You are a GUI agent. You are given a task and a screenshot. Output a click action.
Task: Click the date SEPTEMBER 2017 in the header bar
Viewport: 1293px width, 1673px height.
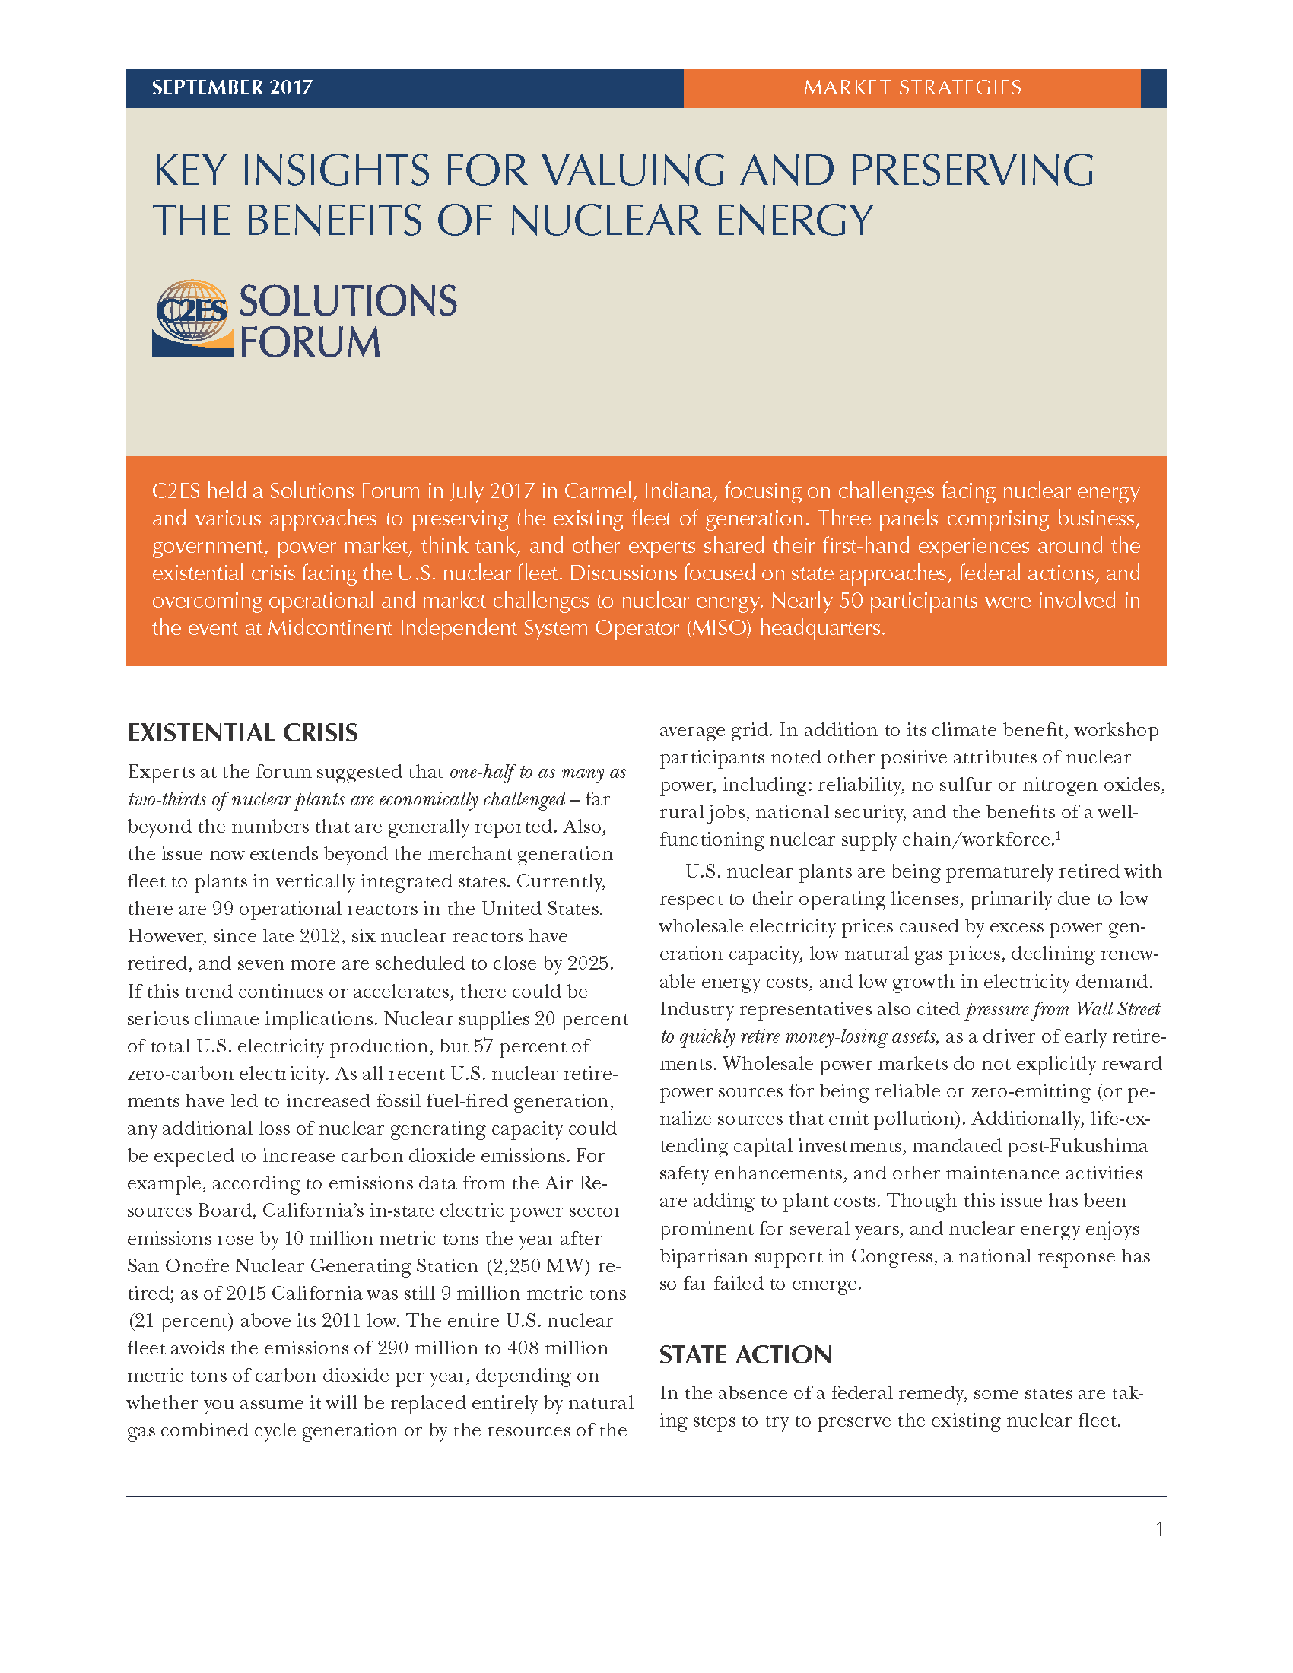[232, 87]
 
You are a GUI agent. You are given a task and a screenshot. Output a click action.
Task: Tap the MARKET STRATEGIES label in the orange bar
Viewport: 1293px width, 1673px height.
[911, 87]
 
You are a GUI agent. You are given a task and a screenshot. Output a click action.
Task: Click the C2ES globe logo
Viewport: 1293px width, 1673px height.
[192, 317]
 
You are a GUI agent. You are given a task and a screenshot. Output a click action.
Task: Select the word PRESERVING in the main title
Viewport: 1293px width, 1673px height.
[972, 170]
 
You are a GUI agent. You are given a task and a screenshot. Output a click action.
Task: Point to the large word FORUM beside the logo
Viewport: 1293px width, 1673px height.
[310, 341]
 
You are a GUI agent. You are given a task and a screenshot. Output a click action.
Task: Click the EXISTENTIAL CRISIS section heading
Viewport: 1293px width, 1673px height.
[242, 733]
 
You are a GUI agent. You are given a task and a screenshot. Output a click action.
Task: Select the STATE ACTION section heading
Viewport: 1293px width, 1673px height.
[745, 1355]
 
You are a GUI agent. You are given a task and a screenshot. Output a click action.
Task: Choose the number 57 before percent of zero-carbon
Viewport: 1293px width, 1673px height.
[483, 1046]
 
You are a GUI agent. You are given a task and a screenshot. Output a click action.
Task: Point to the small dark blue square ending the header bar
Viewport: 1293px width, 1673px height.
[1153, 88]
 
